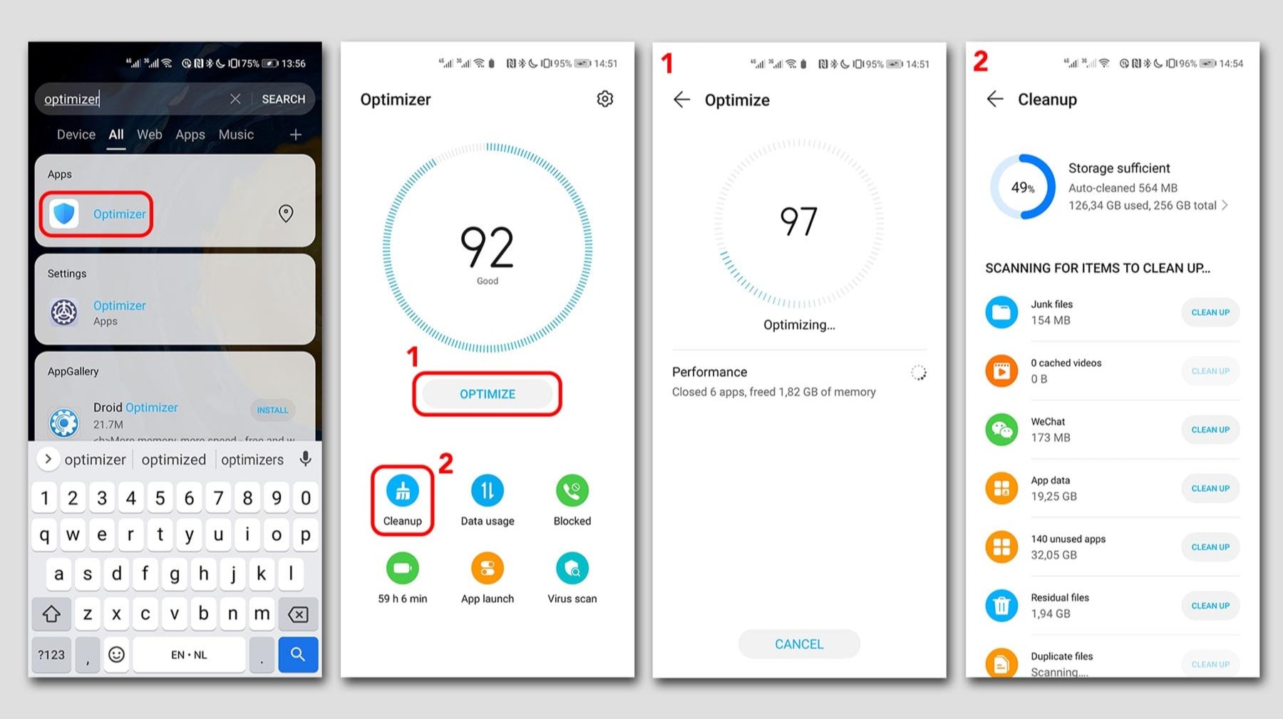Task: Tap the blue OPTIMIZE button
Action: (488, 394)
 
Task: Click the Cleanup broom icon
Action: (403, 491)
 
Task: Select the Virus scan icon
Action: (572, 569)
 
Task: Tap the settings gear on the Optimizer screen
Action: (604, 99)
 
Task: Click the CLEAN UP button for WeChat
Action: (1210, 430)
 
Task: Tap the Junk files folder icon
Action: (1001, 312)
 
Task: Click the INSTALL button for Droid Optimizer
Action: (272, 410)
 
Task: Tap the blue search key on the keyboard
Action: (298, 654)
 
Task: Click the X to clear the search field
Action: (235, 99)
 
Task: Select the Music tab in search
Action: (236, 135)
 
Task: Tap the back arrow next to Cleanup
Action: (995, 99)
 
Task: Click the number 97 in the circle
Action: (798, 222)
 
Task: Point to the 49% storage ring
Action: (1022, 187)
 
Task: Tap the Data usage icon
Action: (487, 491)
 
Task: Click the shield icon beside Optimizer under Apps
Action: (65, 214)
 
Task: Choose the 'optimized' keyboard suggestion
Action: (173, 460)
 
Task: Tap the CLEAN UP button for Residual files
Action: (1210, 606)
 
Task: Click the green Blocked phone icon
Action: (572, 491)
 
